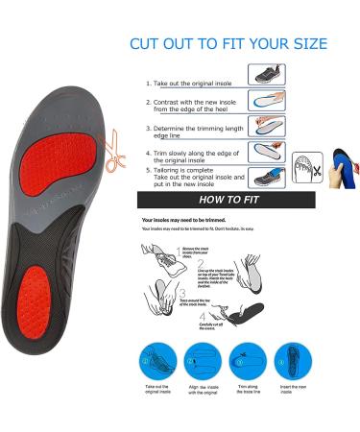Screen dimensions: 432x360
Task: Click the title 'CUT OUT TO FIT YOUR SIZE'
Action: [x=228, y=44]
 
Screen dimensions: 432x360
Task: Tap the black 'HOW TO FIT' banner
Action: [x=229, y=201]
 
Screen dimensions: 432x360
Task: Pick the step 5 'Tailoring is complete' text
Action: [x=195, y=176]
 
